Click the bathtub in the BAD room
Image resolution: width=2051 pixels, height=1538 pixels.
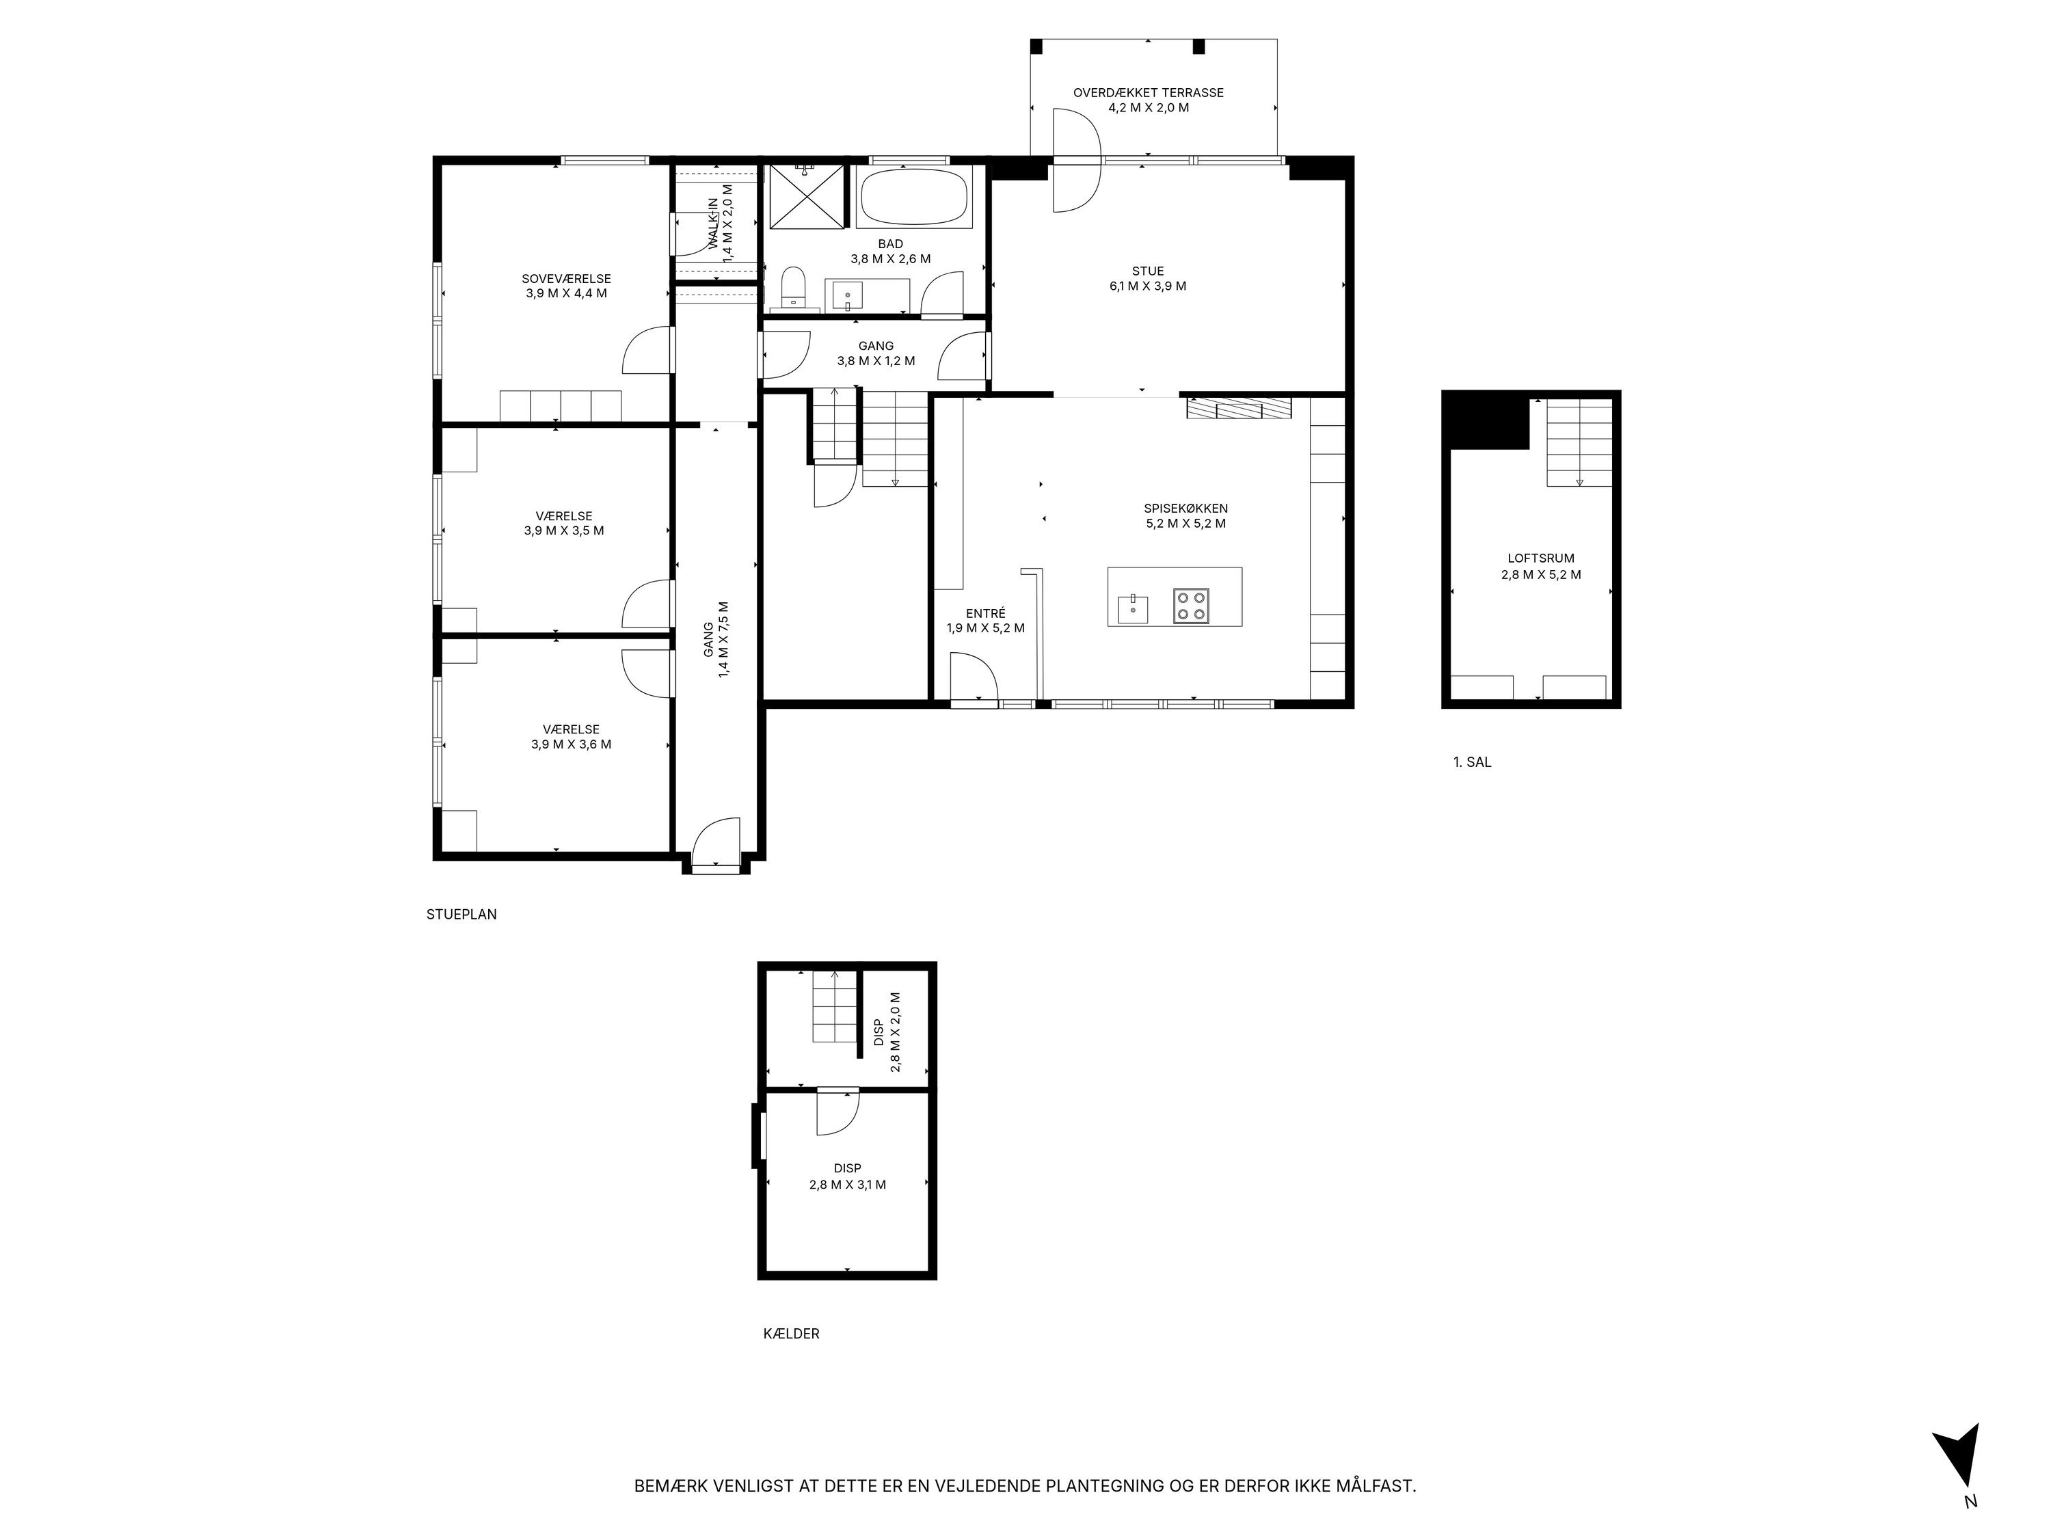point(913,197)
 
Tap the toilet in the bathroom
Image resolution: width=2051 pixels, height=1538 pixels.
point(794,287)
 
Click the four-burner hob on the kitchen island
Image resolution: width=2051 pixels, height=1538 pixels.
point(1190,606)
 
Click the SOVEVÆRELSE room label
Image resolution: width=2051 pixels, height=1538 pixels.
point(565,278)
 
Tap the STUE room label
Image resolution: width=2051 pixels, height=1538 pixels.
point(1147,271)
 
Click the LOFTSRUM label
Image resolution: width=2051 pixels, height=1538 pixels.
point(1540,558)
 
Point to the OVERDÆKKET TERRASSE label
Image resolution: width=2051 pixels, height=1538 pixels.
point(1148,93)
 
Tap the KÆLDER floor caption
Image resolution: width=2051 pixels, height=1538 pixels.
point(791,1333)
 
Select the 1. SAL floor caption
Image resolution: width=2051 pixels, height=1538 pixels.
point(1471,762)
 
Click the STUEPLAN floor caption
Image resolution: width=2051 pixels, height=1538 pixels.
point(461,914)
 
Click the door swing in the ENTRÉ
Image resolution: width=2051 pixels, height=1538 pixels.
point(974,675)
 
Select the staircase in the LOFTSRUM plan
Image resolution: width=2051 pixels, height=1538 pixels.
point(1578,443)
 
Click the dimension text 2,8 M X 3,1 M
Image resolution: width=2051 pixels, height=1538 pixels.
point(846,1184)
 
